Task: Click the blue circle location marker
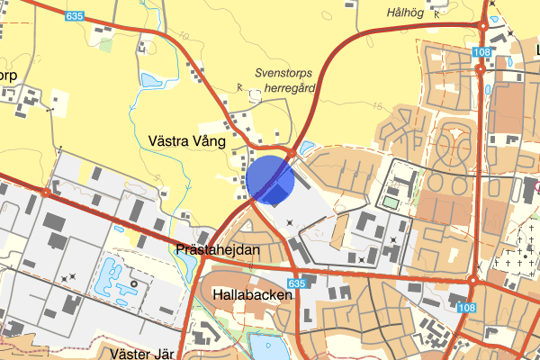[x=270, y=178]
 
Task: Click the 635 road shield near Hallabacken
[x=298, y=283]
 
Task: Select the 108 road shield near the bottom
[x=466, y=308]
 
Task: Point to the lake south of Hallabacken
[x=267, y=346]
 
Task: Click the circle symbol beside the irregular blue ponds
[x=133, y=283]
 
